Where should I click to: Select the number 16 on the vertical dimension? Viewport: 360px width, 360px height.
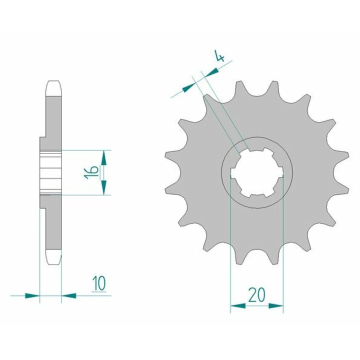click(x=91, y=172)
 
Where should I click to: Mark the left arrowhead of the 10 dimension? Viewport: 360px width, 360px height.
click(x=32, y=295)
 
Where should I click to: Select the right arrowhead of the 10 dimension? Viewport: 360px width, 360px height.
click(x=69, y=295)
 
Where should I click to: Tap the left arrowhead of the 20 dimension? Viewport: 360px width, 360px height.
click(x=238, y=305)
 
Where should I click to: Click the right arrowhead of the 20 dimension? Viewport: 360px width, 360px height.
click(x=275, y=305)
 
